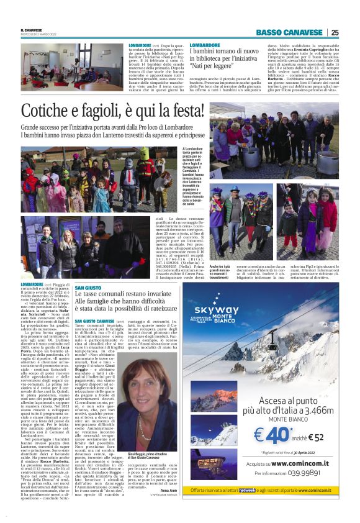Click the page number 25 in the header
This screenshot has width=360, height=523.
(x=335, y=32)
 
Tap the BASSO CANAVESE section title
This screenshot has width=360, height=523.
(x=290, y=32)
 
